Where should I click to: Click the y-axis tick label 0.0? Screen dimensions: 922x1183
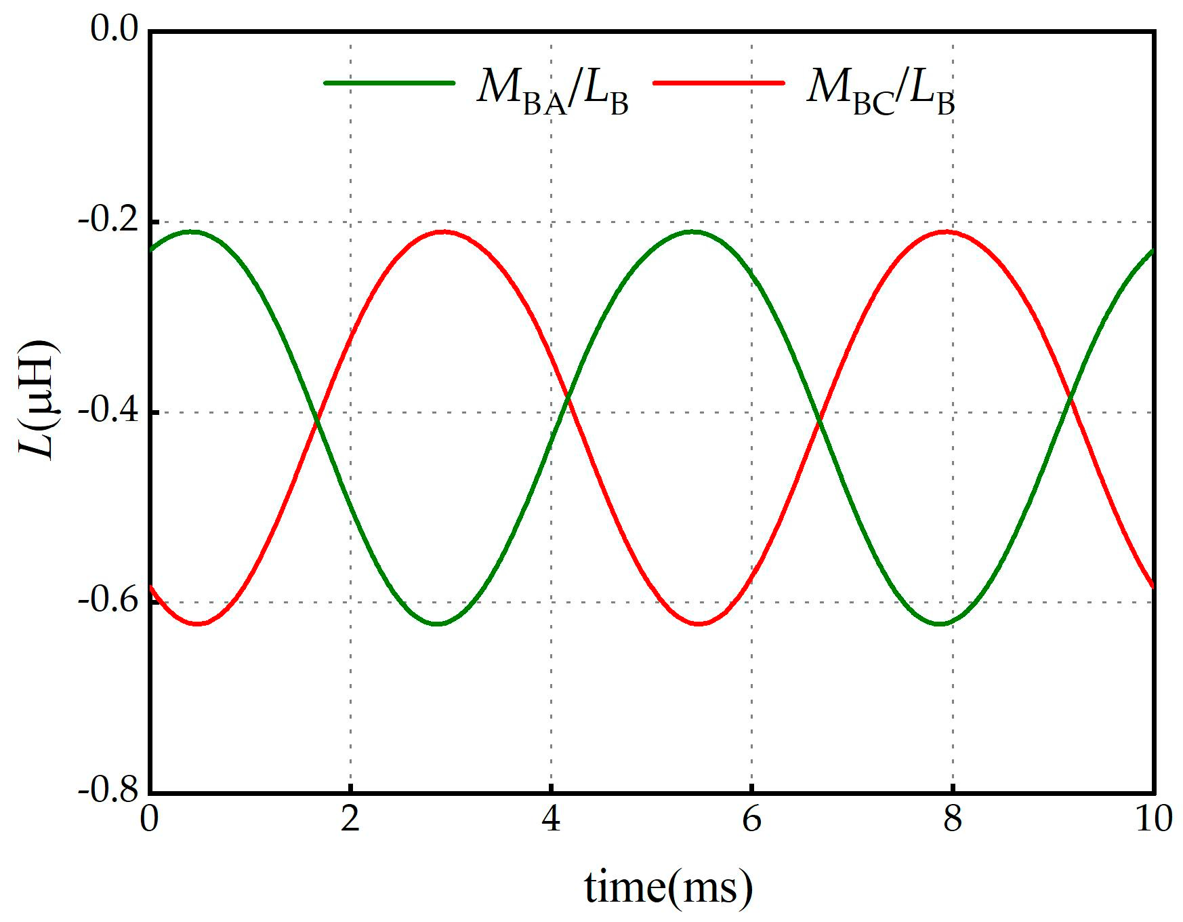pos(114,30)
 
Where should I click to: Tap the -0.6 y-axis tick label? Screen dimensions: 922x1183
pos(108,602)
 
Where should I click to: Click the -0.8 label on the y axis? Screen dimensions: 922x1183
pos(108,791)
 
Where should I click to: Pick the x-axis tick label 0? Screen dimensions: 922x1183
pos(149,820)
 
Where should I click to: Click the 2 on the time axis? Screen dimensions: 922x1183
pos(350,820)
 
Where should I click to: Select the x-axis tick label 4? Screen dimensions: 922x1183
pos(551,820)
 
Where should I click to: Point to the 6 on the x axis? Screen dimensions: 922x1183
pos(751,820)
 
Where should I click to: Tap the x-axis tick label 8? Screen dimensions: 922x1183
pos(953,820)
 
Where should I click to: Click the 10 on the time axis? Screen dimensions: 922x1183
pos(1153,820)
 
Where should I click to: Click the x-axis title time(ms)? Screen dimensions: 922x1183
pos(669,886)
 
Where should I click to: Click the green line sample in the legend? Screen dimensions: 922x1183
pos(390,83)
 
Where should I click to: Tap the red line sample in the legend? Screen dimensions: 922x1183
pos(718,83)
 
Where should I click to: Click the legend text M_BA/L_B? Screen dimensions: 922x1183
pos(552,92)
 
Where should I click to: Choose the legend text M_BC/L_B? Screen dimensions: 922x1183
pos(881,92)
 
